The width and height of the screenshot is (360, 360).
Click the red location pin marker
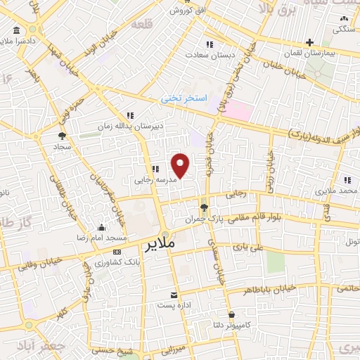point(181,165)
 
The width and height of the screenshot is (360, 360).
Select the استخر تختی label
point(185,99)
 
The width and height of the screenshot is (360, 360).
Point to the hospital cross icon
point(309,43)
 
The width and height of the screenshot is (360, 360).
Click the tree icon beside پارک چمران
point(204,207)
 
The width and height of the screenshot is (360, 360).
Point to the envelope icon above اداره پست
point(174,295)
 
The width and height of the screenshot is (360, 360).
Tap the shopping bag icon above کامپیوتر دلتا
point(231,314)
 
